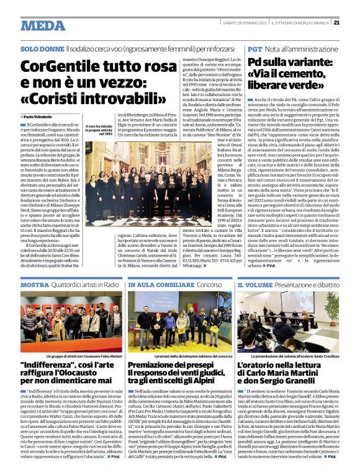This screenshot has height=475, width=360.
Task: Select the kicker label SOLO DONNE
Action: click(42, 48)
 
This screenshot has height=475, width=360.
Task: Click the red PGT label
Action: click(254, 48)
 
